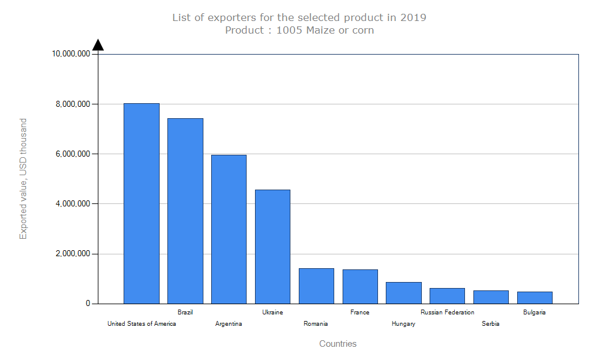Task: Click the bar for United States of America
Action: [142, 203]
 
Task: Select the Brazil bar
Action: [185, 211]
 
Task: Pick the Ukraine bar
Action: [272, 247]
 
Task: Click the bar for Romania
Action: [316, 286]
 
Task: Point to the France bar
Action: [360, 286]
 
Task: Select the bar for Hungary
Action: [404, 293]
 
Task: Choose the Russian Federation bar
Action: [448, 296]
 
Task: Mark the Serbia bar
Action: [491, 297]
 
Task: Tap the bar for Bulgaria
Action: [535, 298]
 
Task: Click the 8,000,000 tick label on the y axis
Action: [71, 104]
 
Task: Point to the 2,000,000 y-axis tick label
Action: [71, 254]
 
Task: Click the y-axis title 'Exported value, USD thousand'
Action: [23, 179]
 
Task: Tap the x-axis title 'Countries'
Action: [338, 344]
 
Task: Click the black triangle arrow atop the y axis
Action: [98, 45]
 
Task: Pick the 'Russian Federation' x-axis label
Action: [448, 312]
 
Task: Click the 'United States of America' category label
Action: [142, 324]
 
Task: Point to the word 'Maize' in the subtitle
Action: [321, 30]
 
